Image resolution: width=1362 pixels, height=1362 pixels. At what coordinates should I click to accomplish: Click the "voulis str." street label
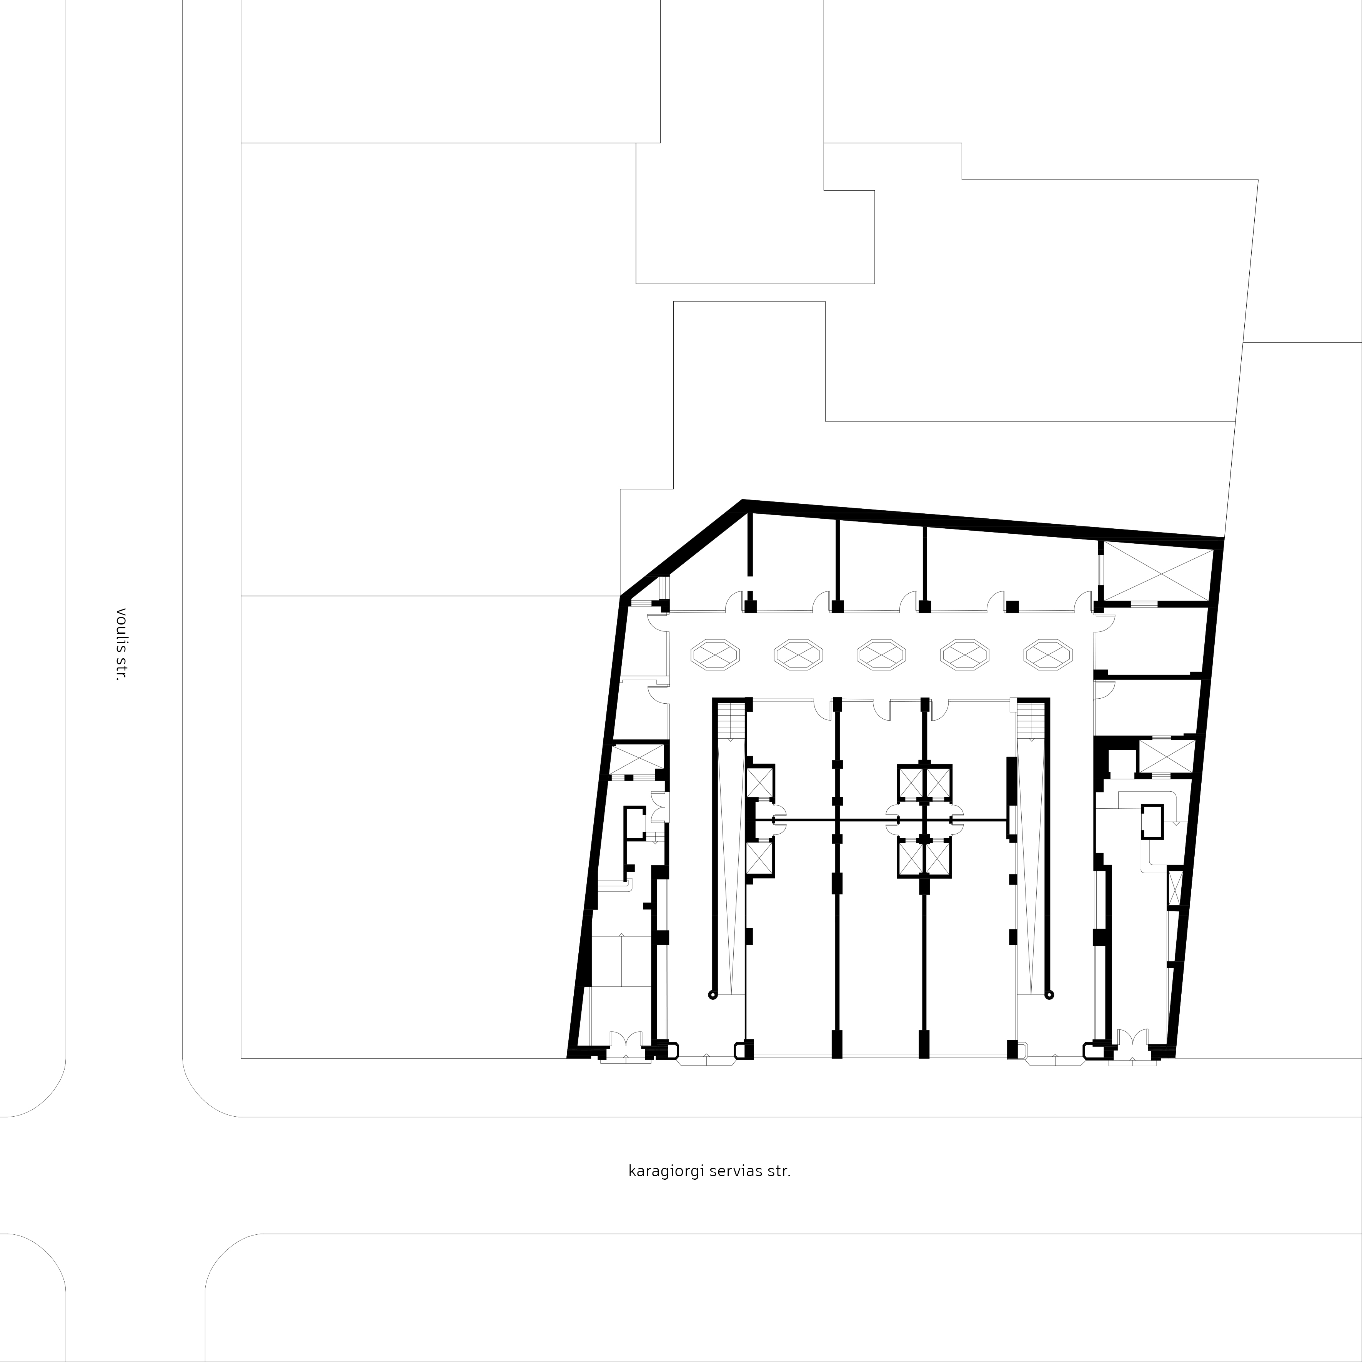(121, 644)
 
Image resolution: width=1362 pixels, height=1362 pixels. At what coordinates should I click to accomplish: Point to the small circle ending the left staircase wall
(713, 995)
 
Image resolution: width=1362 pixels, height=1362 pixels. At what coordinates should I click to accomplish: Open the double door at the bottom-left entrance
(625, 1041)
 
